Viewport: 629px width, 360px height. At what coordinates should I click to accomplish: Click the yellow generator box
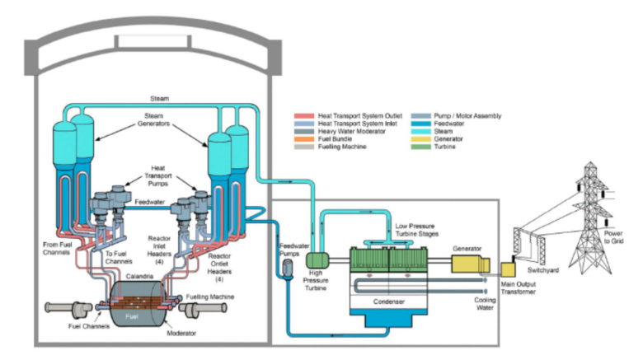(471, 264)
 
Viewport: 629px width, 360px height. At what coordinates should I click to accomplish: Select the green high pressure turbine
(317, 260)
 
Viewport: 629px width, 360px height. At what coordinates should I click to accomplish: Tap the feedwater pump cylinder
(288, 268)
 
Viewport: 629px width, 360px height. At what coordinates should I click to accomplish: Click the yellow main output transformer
(508, 269)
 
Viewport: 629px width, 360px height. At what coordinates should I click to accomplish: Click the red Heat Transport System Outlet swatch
(304, 116)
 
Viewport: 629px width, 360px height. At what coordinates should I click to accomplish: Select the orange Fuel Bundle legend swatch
(304, 139)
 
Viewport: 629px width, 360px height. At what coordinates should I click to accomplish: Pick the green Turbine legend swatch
(420, 147)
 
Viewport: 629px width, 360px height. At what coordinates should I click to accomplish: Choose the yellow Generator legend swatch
(420, 139)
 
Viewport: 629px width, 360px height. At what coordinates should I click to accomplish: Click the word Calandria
(139, 276)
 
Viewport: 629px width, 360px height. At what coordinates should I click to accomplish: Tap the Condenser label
(389, 302)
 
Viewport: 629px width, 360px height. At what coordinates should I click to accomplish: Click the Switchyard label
(543, 270)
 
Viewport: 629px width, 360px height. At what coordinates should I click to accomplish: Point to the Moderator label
(181, 333)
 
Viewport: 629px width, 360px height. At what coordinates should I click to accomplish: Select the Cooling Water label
(485, 304)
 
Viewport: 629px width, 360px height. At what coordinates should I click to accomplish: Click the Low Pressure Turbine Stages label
(417, 230)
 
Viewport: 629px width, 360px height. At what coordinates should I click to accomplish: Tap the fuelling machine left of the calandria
(68, 308)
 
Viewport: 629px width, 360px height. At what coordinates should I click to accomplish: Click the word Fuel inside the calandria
(132, 316)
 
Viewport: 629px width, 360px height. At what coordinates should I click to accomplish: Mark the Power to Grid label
(614, 237)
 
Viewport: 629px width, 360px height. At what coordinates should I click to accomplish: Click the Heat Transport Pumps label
(158, 175)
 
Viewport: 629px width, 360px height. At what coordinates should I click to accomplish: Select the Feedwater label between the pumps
(150, 202)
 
